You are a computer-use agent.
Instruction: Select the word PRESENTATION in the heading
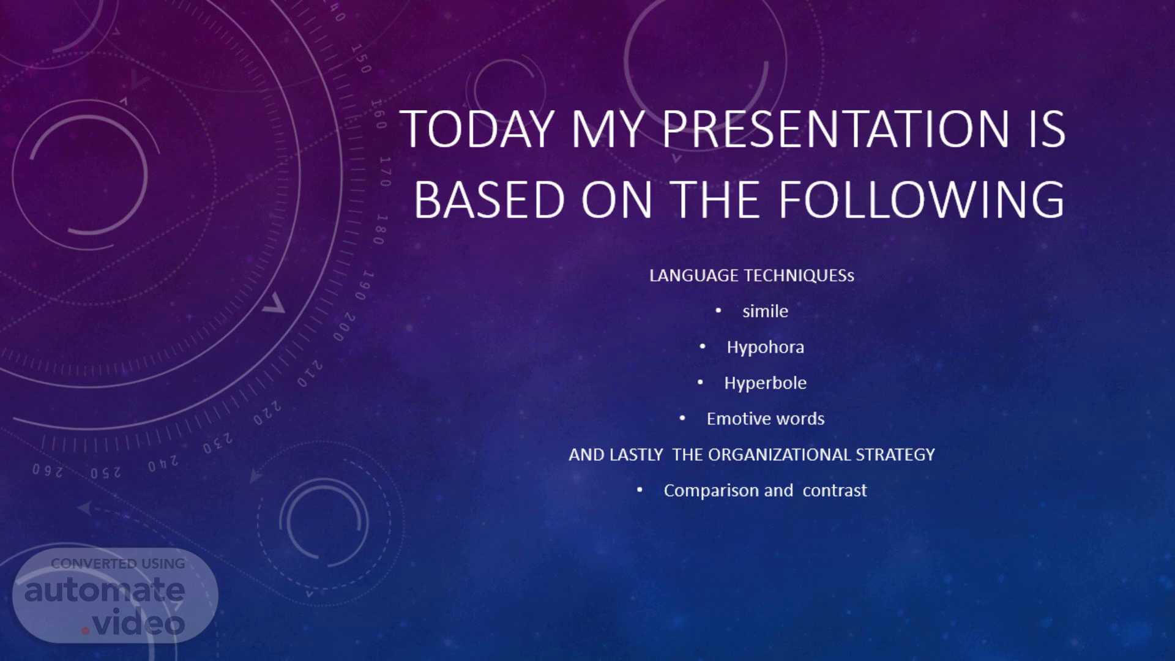[x=835, y=129]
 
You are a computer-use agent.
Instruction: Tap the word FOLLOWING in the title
[x=922, y=199]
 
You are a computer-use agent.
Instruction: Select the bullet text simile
[x=765, y=311]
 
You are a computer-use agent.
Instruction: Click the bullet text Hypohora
[x=766, y=348]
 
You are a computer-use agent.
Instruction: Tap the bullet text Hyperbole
[x=766, y=383]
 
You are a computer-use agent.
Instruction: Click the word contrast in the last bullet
[x=835, y=491]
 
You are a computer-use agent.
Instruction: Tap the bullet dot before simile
[x=718, y=311]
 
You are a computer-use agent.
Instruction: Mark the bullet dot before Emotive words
[x=683, y=419]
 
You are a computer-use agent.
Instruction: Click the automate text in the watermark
[x=105, y=590]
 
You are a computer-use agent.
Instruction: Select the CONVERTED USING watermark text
[x=118, y=564]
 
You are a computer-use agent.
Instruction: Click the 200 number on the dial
[x=345, y=327]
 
